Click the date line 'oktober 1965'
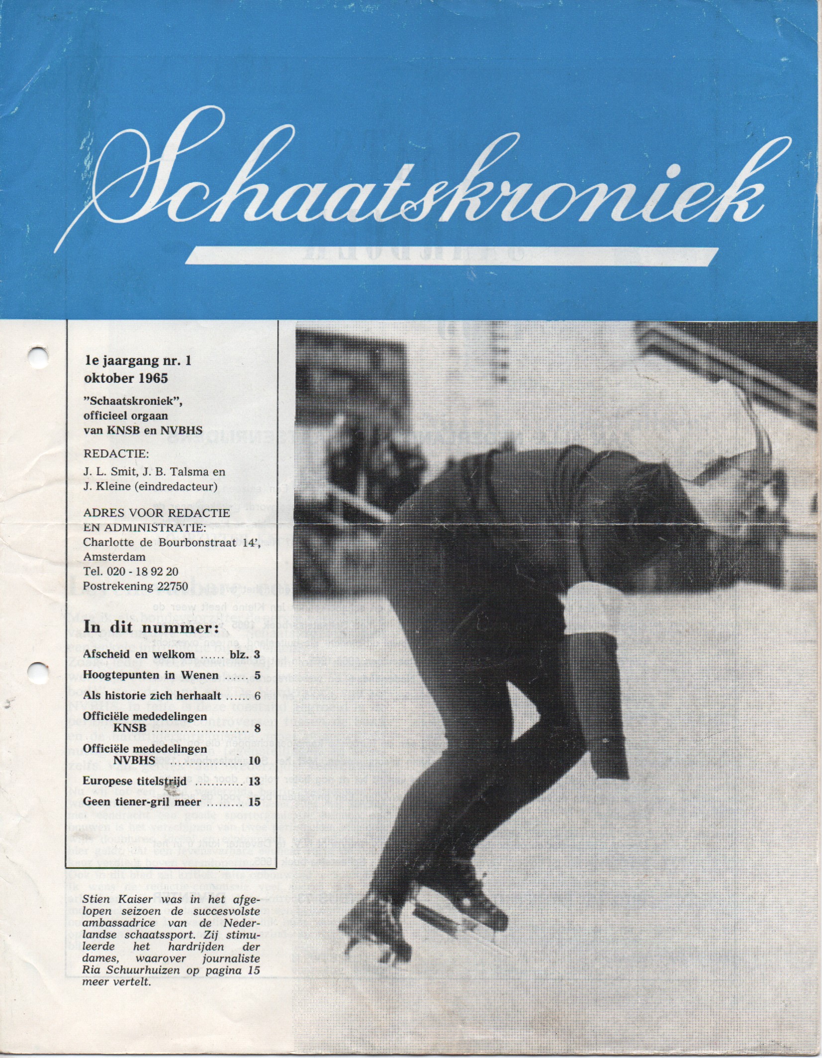[126, 378]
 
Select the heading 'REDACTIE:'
[116, 453]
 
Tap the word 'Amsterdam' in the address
[114, 556]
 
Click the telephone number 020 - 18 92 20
[145, 571]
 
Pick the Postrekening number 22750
[173, 586]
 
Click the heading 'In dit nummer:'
[151, 628]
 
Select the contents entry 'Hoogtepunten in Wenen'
[151, 675]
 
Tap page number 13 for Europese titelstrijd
[254, 781]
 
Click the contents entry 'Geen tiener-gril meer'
[142, 801]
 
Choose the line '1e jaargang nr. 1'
[138, 361]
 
